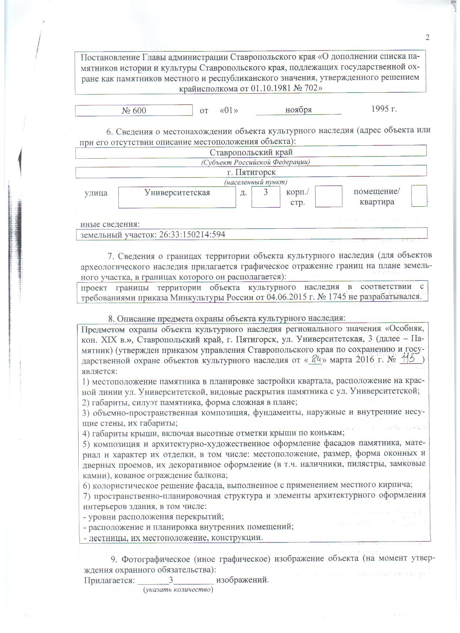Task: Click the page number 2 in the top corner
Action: tap(428, 38)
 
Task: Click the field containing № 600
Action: tap(134, 110)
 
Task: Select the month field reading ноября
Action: tap(298, 110)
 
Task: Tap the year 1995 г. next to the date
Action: tap(384, 109)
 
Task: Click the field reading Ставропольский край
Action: tap(251, 152)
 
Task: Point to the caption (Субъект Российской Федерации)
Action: tap(255, 162)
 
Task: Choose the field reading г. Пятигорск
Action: tap(251, 172)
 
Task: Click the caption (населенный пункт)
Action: tap(256, 182)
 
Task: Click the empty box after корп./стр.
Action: tap(328, 197)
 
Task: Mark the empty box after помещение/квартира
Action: tap(419, 196)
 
